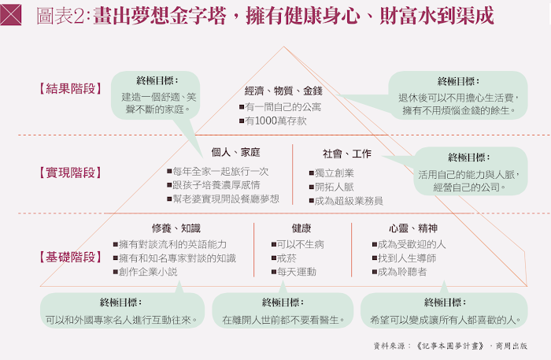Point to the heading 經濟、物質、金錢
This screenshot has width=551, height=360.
(x=284, y=91)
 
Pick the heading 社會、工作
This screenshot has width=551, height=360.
(x=347, y=153)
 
